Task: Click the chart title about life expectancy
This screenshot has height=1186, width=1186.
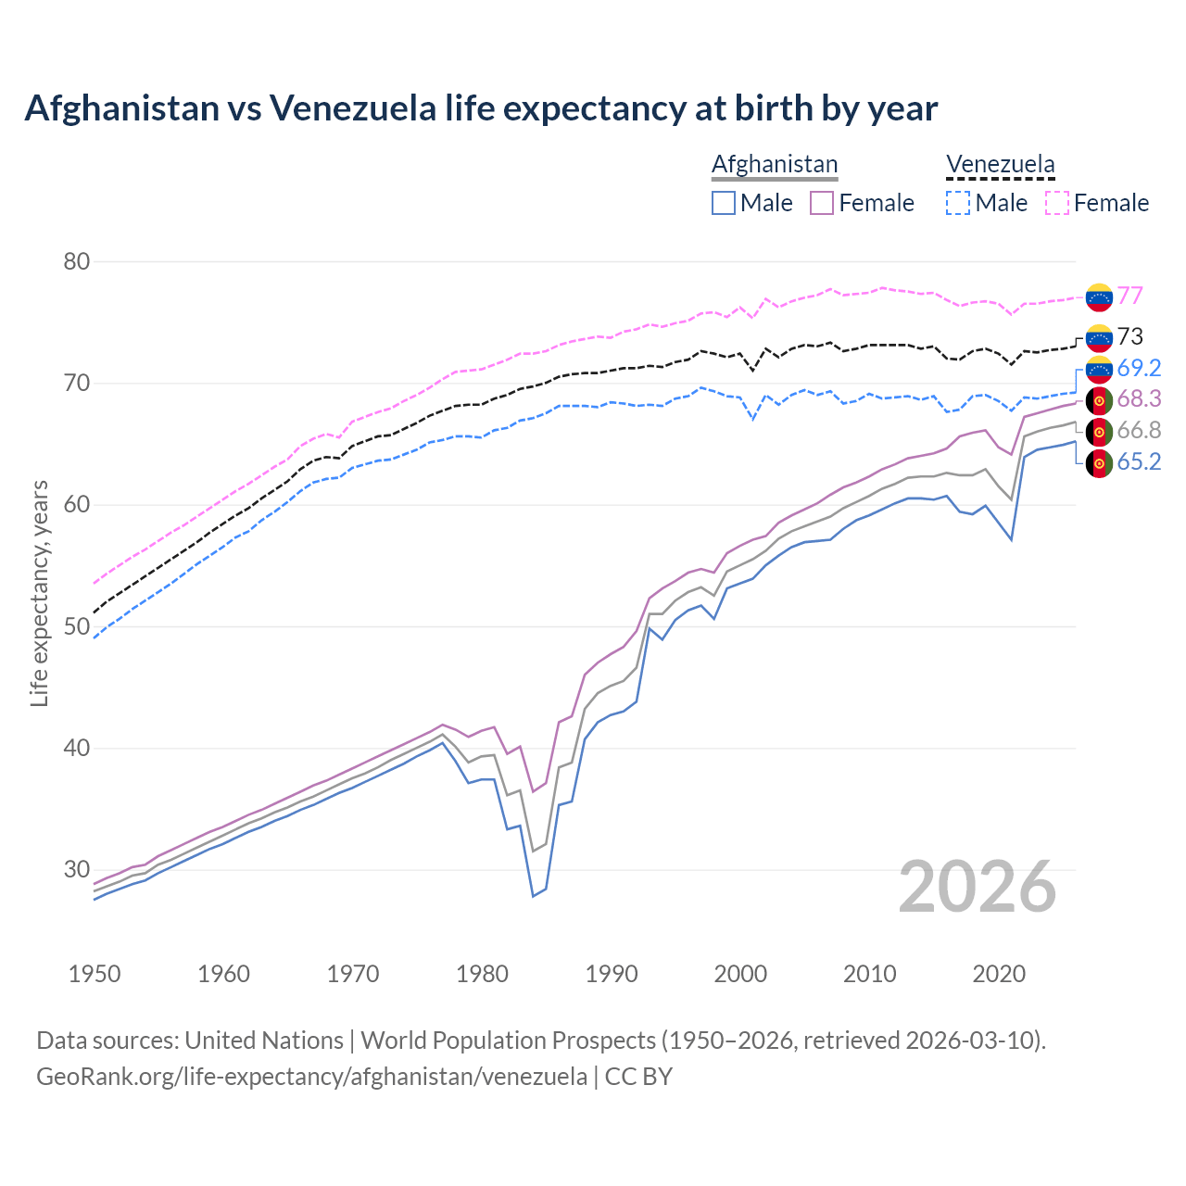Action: point(481,108)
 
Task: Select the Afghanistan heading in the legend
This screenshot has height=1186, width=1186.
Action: point(775,164)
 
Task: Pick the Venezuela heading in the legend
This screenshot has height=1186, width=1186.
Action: point(1000,164)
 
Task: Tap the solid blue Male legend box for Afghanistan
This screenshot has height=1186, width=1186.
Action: point(724,203)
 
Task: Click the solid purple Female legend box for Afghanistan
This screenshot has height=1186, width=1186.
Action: point(822,203)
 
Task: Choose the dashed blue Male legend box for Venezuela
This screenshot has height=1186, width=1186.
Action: point(958,203)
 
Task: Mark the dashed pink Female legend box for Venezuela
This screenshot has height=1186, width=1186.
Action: point(1057,203)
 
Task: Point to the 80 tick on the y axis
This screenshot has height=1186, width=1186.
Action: point(77,262)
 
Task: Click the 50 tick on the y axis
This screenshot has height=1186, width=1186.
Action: point(77,627)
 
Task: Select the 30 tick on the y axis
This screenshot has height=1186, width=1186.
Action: point(77,870)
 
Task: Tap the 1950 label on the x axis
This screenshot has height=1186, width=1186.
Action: point(95,974)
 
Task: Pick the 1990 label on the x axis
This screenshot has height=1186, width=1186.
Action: point(612,974)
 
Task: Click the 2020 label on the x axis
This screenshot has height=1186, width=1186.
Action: point(999,974)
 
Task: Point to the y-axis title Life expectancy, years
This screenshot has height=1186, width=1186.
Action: point(40,593)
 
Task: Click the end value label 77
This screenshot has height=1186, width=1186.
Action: point(1129,296)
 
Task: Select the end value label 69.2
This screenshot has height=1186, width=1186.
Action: point(1139,368)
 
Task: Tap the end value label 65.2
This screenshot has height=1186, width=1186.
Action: point(1139,461)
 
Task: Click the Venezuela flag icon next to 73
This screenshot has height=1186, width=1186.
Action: point(1099,337)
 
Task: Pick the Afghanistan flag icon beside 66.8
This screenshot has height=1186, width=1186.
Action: point(1099,431)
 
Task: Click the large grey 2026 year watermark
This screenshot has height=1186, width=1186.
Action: point(978,887)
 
